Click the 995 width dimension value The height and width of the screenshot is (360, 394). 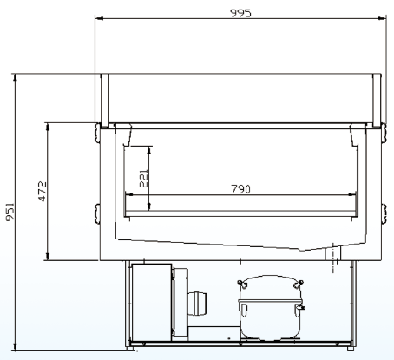coord(240,13)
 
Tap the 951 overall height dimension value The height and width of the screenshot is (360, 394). coord(10,212)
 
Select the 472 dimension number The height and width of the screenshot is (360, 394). coord(43,191)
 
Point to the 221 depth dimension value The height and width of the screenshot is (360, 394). coord(143,179)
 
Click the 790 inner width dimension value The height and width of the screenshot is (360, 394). coord(241,189)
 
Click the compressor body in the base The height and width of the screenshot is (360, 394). coord(270,308)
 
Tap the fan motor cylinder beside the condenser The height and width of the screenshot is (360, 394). coord(197,304)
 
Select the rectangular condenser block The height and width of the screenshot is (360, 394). coord(152,302)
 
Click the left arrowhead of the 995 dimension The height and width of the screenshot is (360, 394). coord(99,18)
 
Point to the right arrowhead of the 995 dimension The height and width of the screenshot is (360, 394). coord(382,18)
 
